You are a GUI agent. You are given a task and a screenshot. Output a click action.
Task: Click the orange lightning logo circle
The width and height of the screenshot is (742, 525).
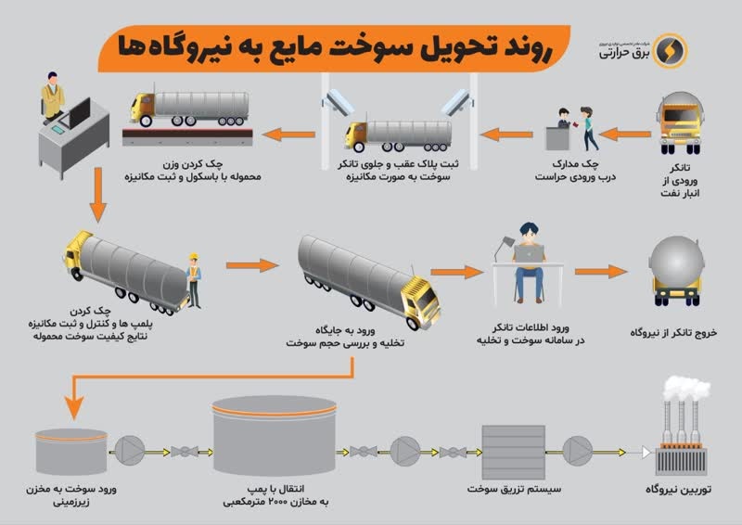670,50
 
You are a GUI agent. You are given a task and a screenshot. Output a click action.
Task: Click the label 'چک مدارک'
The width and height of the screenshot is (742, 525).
575,164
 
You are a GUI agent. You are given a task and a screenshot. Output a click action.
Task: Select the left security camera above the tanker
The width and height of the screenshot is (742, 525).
338,101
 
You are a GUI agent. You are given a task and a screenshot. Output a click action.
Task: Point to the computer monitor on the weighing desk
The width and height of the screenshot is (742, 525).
78,112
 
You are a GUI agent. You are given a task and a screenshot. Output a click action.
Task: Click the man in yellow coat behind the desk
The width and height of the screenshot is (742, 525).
53,97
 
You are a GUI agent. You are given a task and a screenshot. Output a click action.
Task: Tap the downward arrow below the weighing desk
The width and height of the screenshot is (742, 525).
98,195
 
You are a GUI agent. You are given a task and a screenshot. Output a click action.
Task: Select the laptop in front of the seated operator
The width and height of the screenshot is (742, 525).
529,254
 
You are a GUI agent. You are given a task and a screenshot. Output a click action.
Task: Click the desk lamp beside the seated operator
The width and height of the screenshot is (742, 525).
504,248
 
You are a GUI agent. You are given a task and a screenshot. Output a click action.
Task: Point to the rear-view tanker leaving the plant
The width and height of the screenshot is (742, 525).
677,271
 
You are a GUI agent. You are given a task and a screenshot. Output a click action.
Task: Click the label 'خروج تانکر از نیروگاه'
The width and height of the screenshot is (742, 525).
673,333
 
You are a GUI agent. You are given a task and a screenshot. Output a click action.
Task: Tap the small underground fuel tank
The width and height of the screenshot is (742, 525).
71,451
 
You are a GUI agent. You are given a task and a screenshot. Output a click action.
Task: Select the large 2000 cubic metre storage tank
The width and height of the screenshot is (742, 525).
275,436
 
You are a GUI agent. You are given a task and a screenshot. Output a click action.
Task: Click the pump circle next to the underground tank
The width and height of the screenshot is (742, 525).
130,451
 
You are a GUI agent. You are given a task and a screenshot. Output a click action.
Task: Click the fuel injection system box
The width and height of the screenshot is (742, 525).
514,452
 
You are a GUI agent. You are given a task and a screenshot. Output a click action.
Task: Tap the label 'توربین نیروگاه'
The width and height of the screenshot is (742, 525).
679,490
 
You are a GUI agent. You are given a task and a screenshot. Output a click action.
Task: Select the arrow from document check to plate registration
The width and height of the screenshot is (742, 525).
506,134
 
